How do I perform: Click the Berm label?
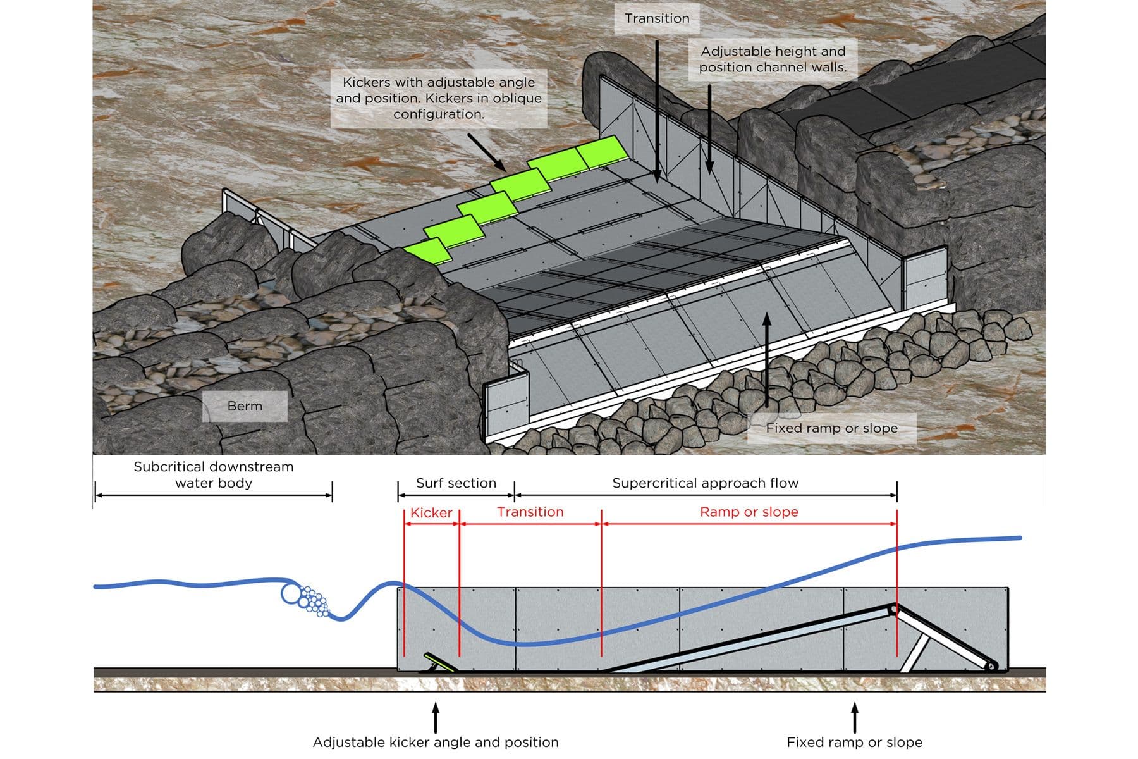click(245, 406)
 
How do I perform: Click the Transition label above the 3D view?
click(657, 18)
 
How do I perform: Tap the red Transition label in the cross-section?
click(530, 512)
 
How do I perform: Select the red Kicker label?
click(431, 513)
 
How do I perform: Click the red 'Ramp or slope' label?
click(749, 512)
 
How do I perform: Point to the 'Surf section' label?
click(456, 483)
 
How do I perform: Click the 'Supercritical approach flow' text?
click(705, 483)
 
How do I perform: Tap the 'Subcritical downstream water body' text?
click(214, 475)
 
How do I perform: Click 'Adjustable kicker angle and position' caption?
click(436, 742)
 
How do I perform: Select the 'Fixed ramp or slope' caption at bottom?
click(854, 742)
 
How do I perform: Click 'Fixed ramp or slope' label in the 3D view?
click(831, 428)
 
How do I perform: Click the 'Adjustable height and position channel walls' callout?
click(773, 59)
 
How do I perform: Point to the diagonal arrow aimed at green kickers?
click(487, 152)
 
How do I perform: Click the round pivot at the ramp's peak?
click(893, 610)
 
